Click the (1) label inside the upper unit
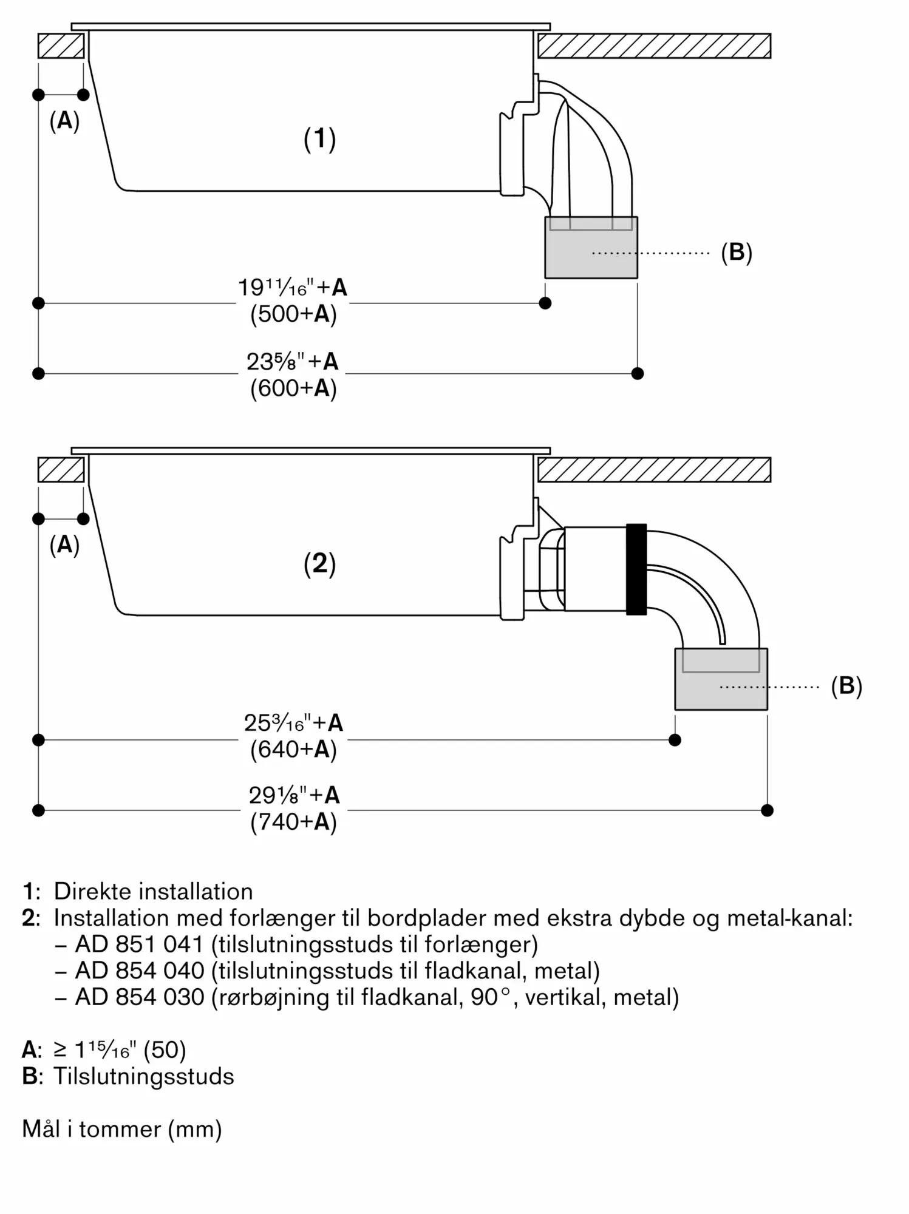(319, 139)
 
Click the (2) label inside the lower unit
(319, 564)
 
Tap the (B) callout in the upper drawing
(737, 252)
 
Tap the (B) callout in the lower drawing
(846, 686)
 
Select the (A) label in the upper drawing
(64, 121)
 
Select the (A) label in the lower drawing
(64, 545)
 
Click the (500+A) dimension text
(293, 314)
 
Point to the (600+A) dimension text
(293, 388)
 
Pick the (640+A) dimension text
(293, 750)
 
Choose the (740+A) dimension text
(293, 822)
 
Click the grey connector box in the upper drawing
(591, 248)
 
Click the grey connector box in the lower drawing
(721, 679)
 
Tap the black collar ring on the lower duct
(636, 569)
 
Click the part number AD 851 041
(140, 944)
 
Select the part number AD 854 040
(140, 971)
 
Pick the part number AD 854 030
(140, 997)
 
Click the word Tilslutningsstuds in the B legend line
(144, 1077)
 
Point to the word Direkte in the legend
(93, 892)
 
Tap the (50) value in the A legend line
(165, 1050)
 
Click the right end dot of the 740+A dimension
(768, 810)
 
